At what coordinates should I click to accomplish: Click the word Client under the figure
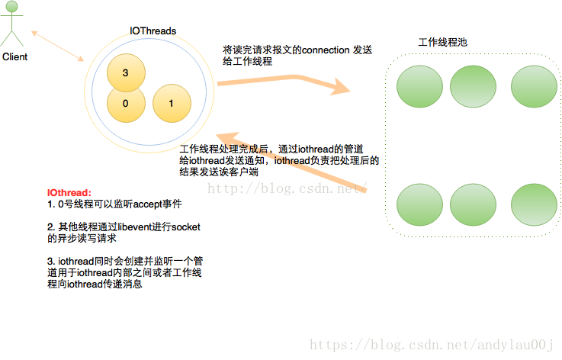pos(14,57)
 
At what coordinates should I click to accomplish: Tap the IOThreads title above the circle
pos(153,31)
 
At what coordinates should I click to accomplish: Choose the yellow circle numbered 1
pos(172,104)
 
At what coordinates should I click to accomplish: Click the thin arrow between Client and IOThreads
pos(57,45)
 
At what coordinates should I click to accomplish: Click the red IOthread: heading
pos(69,194)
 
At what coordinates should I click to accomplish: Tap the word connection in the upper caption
pos(326,50)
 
